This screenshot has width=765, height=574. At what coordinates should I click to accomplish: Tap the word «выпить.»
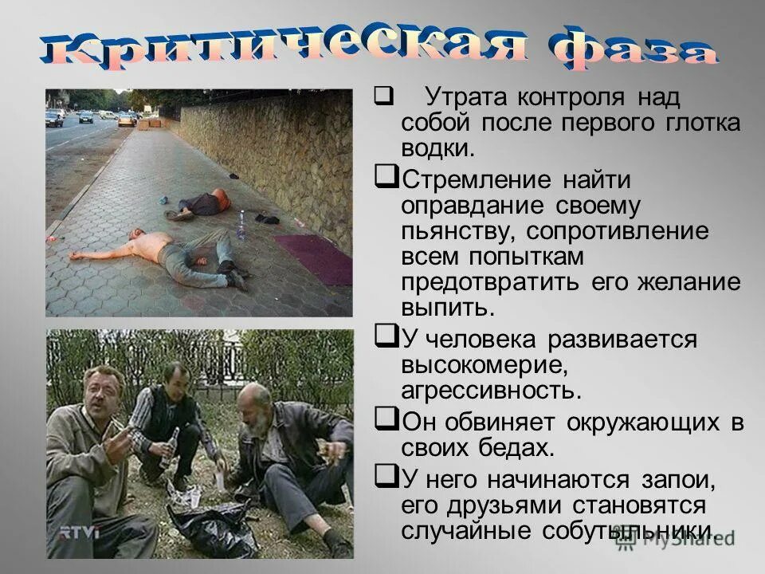[x=443, y=309]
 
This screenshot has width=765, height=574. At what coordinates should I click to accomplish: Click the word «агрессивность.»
[x=492, y=391]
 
